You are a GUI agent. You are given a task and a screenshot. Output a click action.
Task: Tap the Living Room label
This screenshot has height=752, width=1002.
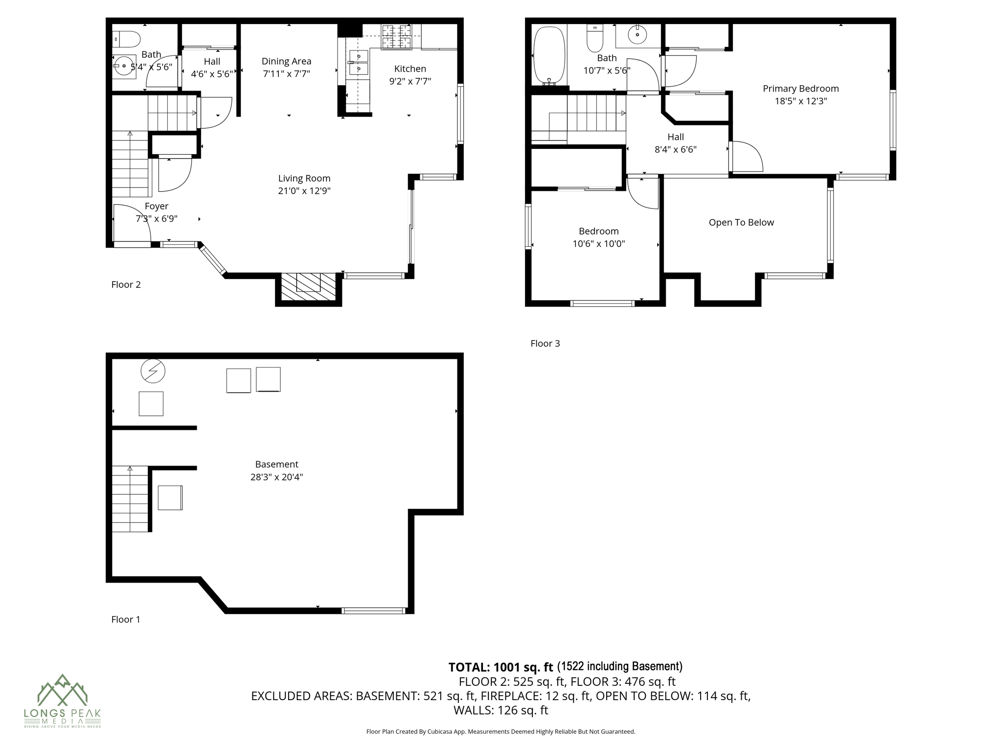[304, 178]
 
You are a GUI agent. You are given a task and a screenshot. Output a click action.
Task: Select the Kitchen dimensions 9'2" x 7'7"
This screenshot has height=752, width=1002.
[410, 81]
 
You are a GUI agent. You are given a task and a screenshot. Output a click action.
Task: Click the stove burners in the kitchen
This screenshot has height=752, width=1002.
[397, 37]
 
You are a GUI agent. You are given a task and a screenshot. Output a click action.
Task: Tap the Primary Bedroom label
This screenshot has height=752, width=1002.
[800, 89]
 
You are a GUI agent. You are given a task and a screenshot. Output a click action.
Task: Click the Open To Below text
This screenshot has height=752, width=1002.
[741, 222]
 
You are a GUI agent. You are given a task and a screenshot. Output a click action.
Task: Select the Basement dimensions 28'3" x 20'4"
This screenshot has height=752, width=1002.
[276, 477]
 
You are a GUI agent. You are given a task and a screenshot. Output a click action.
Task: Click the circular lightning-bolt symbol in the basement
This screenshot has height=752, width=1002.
[153, 372]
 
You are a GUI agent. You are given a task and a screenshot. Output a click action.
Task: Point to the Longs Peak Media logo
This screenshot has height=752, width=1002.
[62, 700]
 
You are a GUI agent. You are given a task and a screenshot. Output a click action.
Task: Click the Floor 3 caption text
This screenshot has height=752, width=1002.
[545, 343]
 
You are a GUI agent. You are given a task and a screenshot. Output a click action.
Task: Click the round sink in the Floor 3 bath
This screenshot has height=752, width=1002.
[638, 35]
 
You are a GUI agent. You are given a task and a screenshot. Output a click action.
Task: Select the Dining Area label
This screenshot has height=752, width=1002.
[286, 61]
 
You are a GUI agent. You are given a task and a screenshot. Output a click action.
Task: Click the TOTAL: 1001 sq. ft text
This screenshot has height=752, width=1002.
[500, 667]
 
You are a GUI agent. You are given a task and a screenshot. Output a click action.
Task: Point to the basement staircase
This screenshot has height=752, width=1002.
[130, 499]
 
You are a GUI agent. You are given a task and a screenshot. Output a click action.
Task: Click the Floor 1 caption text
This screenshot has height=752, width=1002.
[126, 619]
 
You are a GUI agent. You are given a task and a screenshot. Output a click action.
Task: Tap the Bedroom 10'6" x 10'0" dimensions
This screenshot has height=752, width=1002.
[598, 244]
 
